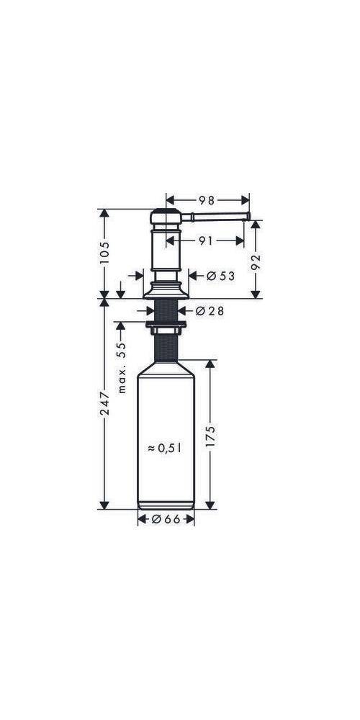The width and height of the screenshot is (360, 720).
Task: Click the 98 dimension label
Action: [207, 200]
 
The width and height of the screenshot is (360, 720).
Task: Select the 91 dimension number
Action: [207, 240]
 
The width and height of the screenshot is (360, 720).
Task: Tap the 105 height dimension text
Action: [104, 252]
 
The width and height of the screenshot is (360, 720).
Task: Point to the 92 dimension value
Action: [256, 262]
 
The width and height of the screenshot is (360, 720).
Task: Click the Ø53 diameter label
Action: [220, 276]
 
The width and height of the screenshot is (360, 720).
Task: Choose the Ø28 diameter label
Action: [210, 311]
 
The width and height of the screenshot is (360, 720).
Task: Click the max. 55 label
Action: [121, 369]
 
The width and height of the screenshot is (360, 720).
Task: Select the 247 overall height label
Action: [104, 403]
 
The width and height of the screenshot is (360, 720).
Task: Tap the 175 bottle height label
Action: [210, 436]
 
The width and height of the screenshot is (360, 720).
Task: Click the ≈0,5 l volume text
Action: [165, 448]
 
